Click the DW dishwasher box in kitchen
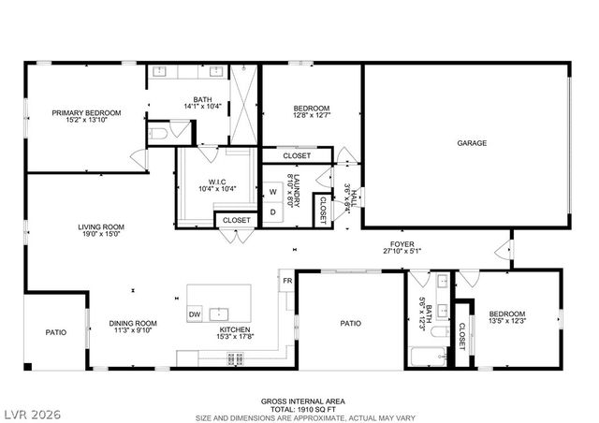pos(195,314)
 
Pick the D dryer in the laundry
pos(273,211)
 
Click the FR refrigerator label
pos(287,280)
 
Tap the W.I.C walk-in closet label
pos(216,182)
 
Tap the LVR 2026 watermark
pos(31,413)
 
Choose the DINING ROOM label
pos(132,323)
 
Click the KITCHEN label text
pos(235,329)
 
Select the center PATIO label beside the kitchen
pos(350,324)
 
